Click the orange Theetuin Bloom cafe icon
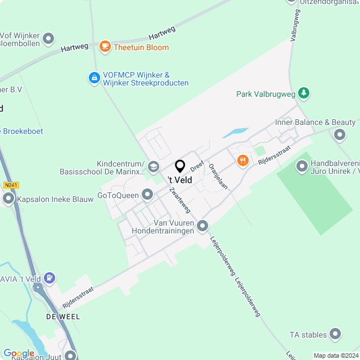pos(105,47)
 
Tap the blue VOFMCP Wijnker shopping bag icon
pos(94,78)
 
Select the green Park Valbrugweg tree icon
pos(304,93)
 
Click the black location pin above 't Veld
pos(180,166)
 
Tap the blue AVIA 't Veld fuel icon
pos(51,277)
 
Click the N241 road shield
pos(10,185)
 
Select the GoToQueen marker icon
pos(147,195)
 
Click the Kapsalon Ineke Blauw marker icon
pos(8,198)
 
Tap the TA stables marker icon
pos(336,335)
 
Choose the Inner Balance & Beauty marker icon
pos(339,134)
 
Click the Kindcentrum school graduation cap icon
pos(154,165)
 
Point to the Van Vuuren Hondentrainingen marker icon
pos(202,227)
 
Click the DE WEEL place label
pos(63,317)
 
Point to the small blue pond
pos(236,133)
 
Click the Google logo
pos(19,353)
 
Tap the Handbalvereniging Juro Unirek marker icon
pos(302,166)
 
